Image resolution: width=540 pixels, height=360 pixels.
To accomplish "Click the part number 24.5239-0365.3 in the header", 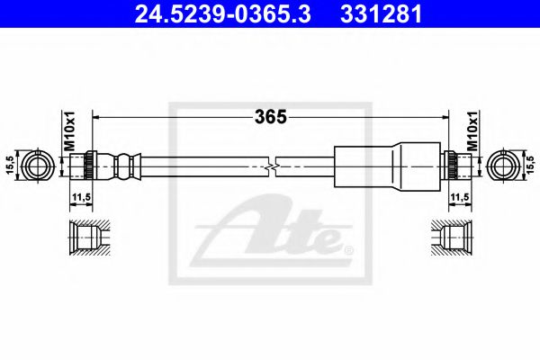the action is click(222, 14).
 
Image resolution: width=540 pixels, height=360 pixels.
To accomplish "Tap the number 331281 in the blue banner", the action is click(381, 14).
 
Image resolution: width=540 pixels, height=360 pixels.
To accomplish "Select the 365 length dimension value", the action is click(271, 117).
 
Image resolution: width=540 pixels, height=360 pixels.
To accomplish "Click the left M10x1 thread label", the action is click(69, 130).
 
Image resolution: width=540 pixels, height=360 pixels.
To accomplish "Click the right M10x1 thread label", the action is click(472, 130).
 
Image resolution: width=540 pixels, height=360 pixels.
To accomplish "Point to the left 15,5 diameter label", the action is click(10, 166).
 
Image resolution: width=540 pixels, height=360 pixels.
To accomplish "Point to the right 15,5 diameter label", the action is click(531, 166).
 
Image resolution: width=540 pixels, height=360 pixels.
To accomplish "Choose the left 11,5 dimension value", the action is click(81, 197).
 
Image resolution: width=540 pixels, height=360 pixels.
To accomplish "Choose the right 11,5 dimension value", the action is click(460, 197).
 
